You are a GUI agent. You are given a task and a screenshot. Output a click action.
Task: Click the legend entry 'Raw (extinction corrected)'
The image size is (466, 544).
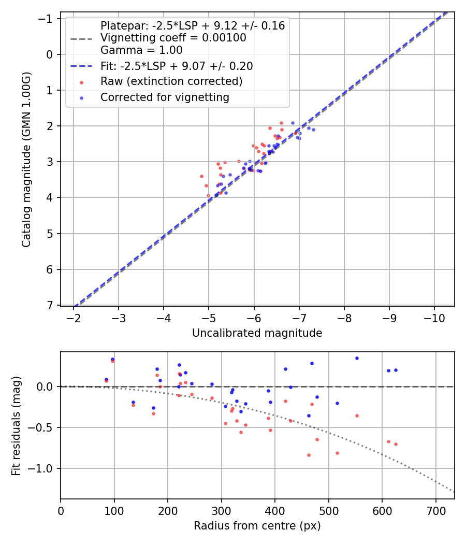point(171,82)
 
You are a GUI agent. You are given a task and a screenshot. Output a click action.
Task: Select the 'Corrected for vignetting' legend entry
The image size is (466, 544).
point(165,97)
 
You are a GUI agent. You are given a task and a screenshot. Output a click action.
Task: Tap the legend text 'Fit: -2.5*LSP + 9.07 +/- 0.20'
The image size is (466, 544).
point(177,66)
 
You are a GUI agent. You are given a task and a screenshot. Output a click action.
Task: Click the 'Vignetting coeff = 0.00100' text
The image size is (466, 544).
point(173,38)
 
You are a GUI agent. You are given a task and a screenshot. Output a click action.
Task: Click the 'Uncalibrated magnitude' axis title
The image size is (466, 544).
point(257,333)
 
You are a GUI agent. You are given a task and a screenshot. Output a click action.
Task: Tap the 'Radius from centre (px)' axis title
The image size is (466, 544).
point(257,526)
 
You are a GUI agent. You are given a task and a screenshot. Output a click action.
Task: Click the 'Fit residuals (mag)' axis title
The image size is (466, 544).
point(16,425)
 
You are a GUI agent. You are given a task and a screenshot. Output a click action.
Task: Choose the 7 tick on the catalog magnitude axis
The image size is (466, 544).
point(51,305)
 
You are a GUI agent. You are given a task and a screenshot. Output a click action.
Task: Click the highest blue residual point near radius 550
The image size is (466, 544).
point(357,358)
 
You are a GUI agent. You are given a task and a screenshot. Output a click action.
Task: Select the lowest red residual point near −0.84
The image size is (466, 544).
point(309,455)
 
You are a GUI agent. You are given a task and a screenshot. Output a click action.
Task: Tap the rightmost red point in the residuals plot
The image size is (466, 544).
point(396,444)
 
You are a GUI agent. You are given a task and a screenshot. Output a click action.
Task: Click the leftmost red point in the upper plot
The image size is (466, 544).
point(201,176)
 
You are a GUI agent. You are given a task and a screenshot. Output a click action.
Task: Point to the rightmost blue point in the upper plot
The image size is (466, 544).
point(313,130)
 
